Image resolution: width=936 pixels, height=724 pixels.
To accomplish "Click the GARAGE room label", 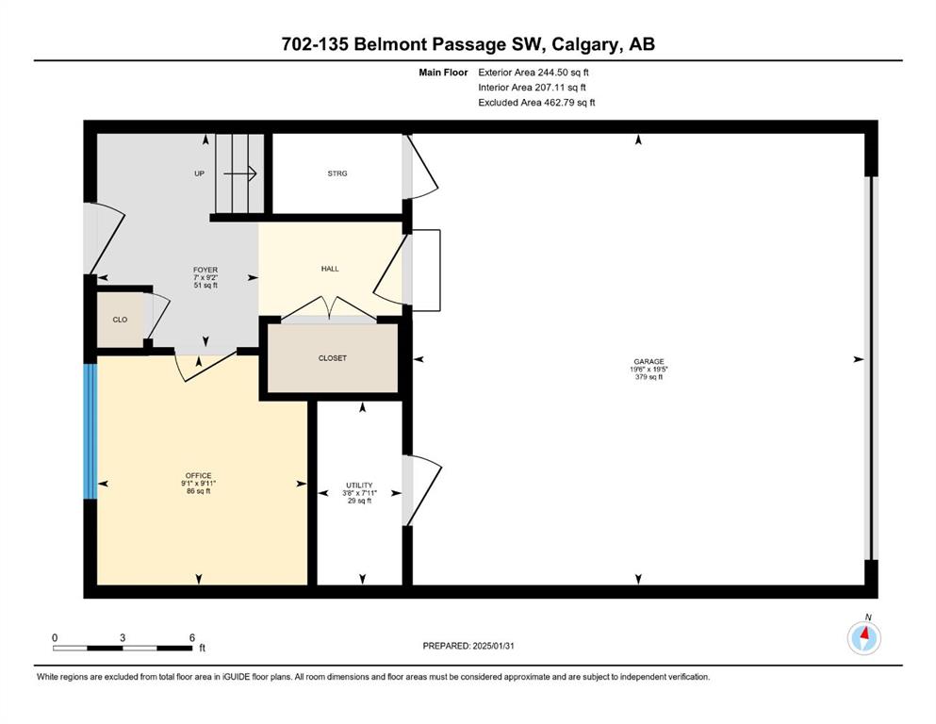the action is coord(649,361).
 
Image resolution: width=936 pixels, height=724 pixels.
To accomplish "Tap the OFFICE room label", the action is coord(198,476).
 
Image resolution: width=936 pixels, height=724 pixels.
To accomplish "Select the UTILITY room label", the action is coord(359,485).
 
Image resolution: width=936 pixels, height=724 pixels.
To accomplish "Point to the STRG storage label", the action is coord(337,173).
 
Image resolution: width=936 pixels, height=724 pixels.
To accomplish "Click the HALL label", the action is coord(330,269).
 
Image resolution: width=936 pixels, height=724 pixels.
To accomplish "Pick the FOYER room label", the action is coord(205,270).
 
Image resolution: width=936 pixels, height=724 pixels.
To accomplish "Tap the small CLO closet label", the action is coord(120,320).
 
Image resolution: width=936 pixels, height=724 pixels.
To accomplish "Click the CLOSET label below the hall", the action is coord(333,358).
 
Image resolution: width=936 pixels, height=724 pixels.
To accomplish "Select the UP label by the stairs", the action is coord(200,173).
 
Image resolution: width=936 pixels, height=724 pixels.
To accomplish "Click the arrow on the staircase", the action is coord(240,173).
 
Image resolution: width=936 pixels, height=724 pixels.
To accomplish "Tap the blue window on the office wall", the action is coord(90,431).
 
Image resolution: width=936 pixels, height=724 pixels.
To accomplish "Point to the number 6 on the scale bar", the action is coord(192,637).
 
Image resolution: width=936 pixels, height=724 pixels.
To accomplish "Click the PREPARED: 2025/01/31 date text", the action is coord(468,646).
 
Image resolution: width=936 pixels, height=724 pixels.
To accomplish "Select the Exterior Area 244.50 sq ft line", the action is coord(534,73).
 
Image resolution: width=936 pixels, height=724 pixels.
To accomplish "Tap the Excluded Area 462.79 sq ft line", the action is coord(536,102).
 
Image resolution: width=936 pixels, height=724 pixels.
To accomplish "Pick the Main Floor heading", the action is coord(443,73).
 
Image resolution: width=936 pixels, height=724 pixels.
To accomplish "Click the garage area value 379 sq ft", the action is coord(649,377).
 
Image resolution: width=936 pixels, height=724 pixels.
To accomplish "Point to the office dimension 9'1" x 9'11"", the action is coord(198,484).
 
